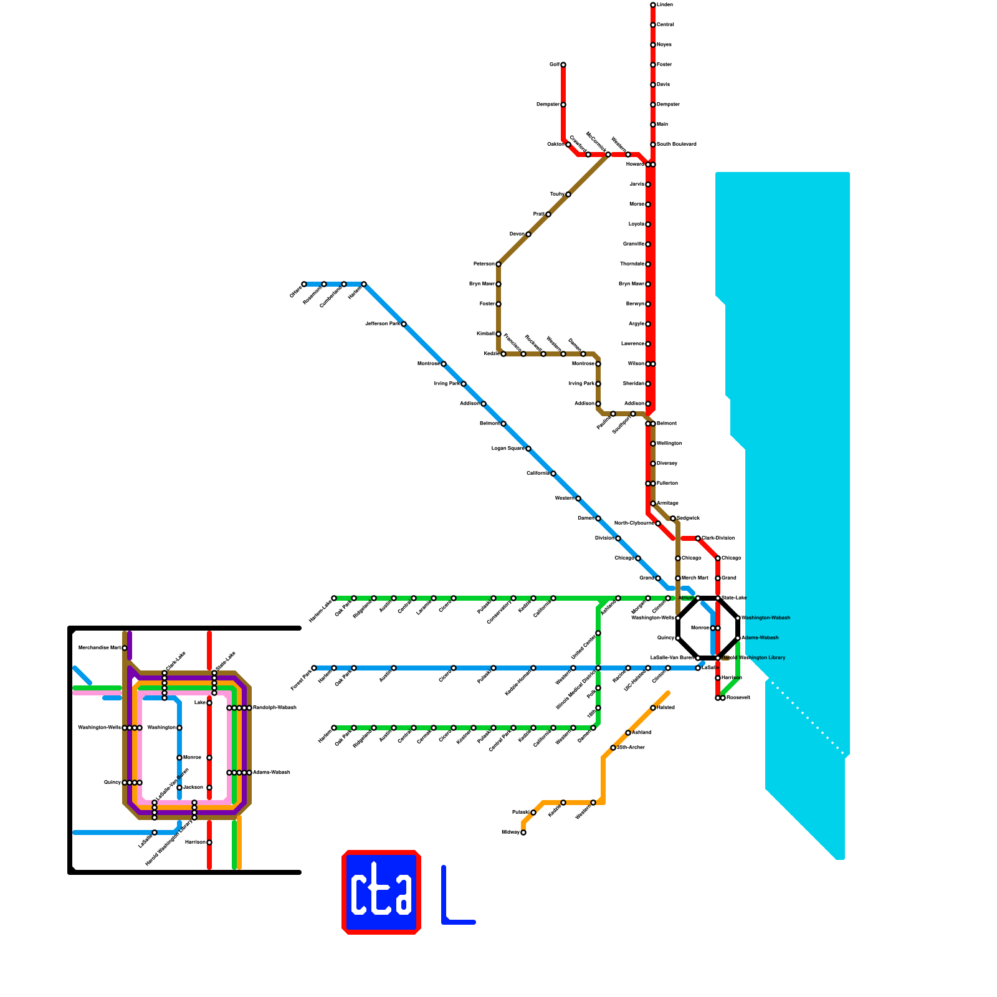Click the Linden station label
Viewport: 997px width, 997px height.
[665, 5]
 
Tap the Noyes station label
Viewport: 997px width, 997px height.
[664, 45]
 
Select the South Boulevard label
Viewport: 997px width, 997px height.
[677, 145]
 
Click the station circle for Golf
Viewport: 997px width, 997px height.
[563, 65]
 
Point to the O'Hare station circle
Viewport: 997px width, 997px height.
[304, 284]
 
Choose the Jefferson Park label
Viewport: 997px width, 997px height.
[382, 324]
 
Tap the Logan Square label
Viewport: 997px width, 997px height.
[507, 449]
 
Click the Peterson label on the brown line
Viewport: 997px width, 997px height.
[484, 264]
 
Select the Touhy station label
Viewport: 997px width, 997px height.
[556, 194]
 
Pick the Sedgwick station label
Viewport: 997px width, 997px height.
[689, 518]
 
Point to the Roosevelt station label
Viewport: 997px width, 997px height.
[738, 698]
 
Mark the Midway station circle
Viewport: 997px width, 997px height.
[523, 832]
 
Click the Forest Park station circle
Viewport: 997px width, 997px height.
[314, 668]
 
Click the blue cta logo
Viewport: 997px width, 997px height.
[381, 892]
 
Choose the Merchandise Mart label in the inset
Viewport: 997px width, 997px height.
[99, 648]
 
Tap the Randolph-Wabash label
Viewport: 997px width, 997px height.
[274, 708]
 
